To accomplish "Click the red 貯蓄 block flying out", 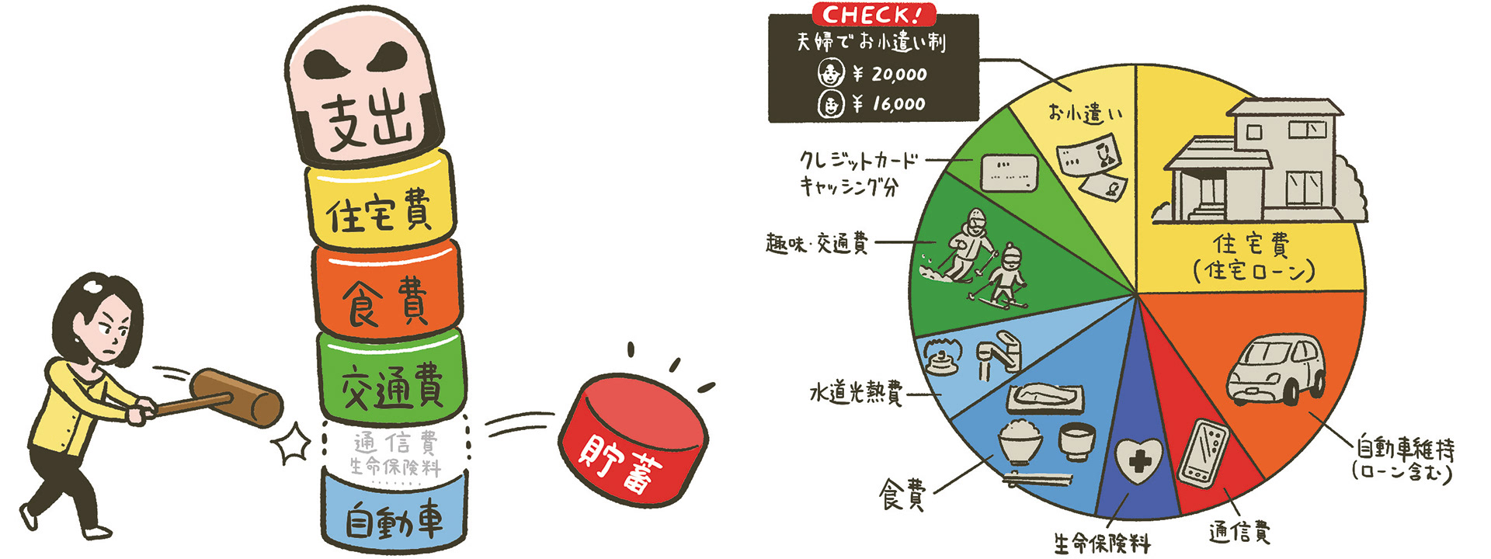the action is click(633, 439).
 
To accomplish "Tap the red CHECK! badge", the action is click(874, 14).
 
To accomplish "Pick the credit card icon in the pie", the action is click(1008, 172).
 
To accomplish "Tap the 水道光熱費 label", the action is click(856, 394).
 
